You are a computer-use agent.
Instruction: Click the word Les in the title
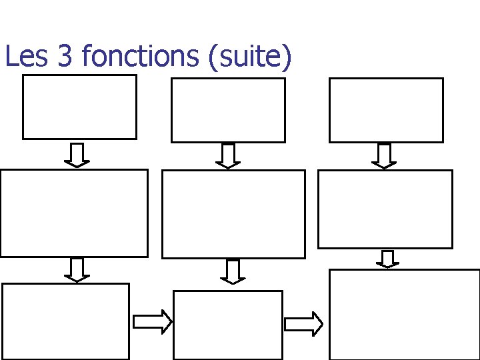pos(26,57)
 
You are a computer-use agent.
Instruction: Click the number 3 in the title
pos(65,57)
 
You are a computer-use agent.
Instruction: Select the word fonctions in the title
pos(140,57)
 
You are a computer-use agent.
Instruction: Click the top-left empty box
pos(79,107)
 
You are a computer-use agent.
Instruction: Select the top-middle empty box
pos(228,110)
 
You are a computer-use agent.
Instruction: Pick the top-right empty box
pos(386,110)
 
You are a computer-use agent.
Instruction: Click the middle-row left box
pos(73,213)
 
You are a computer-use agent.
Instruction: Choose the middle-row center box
pos(233,214)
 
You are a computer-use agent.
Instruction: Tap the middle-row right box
pos(385,209)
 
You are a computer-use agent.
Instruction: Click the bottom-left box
pos(65,321)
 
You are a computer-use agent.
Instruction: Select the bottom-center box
pos(227,325)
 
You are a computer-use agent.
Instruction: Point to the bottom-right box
pos(405,314)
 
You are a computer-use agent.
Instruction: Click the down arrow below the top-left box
pos(77,155)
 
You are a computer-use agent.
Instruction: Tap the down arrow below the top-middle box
pos(228,156)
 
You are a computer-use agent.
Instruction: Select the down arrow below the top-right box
pos(384,156)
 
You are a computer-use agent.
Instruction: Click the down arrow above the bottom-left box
pos(77,269)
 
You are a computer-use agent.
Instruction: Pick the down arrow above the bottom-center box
pos(233,271)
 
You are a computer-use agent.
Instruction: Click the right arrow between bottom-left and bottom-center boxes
pos(153,322)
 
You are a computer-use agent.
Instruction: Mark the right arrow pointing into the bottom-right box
pos(304,324)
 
